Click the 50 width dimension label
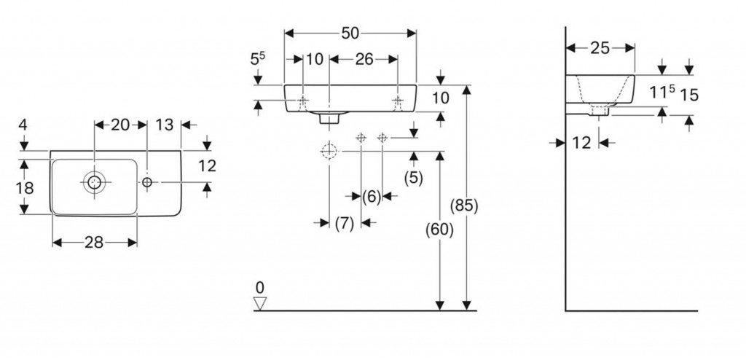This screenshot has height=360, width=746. coord(350,33)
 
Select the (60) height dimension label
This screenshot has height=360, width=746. coord(440,230)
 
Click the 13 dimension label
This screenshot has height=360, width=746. coord(165,125)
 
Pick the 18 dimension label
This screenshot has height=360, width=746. coord(24,189)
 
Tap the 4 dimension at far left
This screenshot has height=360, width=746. coord(23,125)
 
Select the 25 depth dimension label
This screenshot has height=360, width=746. coord(600,49)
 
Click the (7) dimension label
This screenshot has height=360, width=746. coord(345,224)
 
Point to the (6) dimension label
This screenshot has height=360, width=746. coord(372,196)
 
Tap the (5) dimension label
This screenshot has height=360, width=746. coord(413,177)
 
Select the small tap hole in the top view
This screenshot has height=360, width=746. coord(147,181)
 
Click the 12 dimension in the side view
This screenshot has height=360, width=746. coord(581,143)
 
